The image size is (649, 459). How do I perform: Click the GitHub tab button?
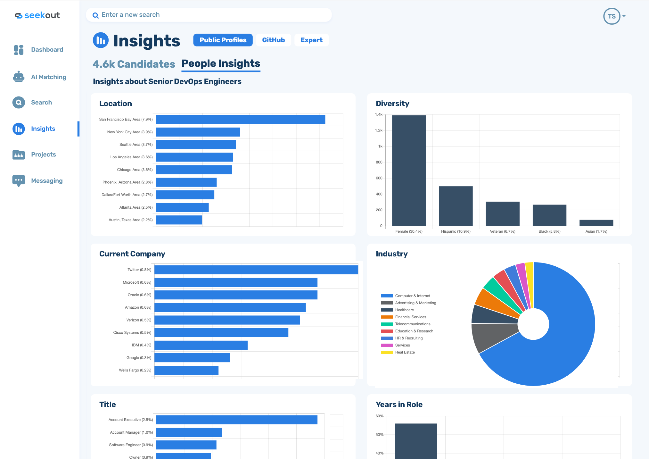click(273, 40)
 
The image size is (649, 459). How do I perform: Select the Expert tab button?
click(311, 40)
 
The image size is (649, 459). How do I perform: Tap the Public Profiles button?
click(223, 40)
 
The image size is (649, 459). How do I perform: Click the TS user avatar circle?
click(612, 16)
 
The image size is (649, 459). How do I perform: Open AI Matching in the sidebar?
click(48, 77)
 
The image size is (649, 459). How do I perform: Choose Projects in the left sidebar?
click(43, 154)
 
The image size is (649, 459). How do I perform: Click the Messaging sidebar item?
click(47, 181)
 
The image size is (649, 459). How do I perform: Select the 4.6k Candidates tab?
click(134, 64)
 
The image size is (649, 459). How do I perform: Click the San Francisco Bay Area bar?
click(240, 120)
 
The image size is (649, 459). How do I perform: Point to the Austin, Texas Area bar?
click(179, 220)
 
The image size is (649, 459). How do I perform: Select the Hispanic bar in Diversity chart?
click(456, 206)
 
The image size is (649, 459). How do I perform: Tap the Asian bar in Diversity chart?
click(596, 223)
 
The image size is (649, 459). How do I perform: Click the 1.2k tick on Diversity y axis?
click(379, 130)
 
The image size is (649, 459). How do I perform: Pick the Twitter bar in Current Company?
click(256, 270)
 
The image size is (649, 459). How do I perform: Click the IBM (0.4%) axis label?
click(141, 345)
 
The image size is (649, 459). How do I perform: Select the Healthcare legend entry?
click(404, 310)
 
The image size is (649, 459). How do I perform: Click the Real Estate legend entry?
click(405, 352)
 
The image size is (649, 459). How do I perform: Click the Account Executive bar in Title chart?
click(236, 420)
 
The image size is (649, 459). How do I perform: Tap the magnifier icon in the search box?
click(95, 15)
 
